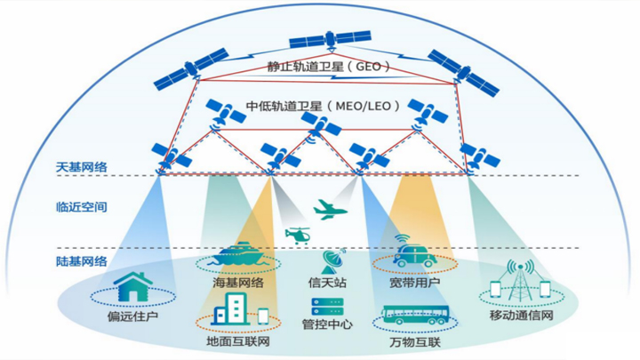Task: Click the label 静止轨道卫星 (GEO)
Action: (329, 67)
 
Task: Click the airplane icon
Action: (331, 210)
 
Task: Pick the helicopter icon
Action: (298, 236)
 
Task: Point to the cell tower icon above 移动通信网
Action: (520, 281)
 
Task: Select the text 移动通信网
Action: (522, 316)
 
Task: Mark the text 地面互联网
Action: (238, 341)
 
